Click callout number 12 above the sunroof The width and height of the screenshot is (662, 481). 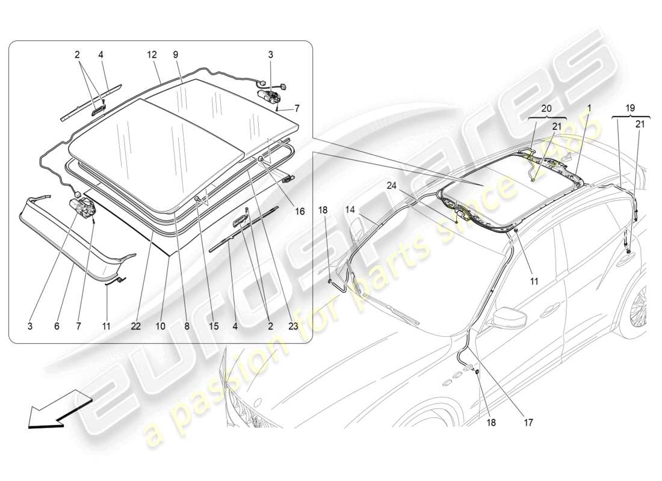click(151, 54)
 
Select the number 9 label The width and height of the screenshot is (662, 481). click(175, 54)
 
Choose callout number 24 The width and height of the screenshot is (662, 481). click(392, 186)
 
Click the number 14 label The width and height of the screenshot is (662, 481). click(350, 210)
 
